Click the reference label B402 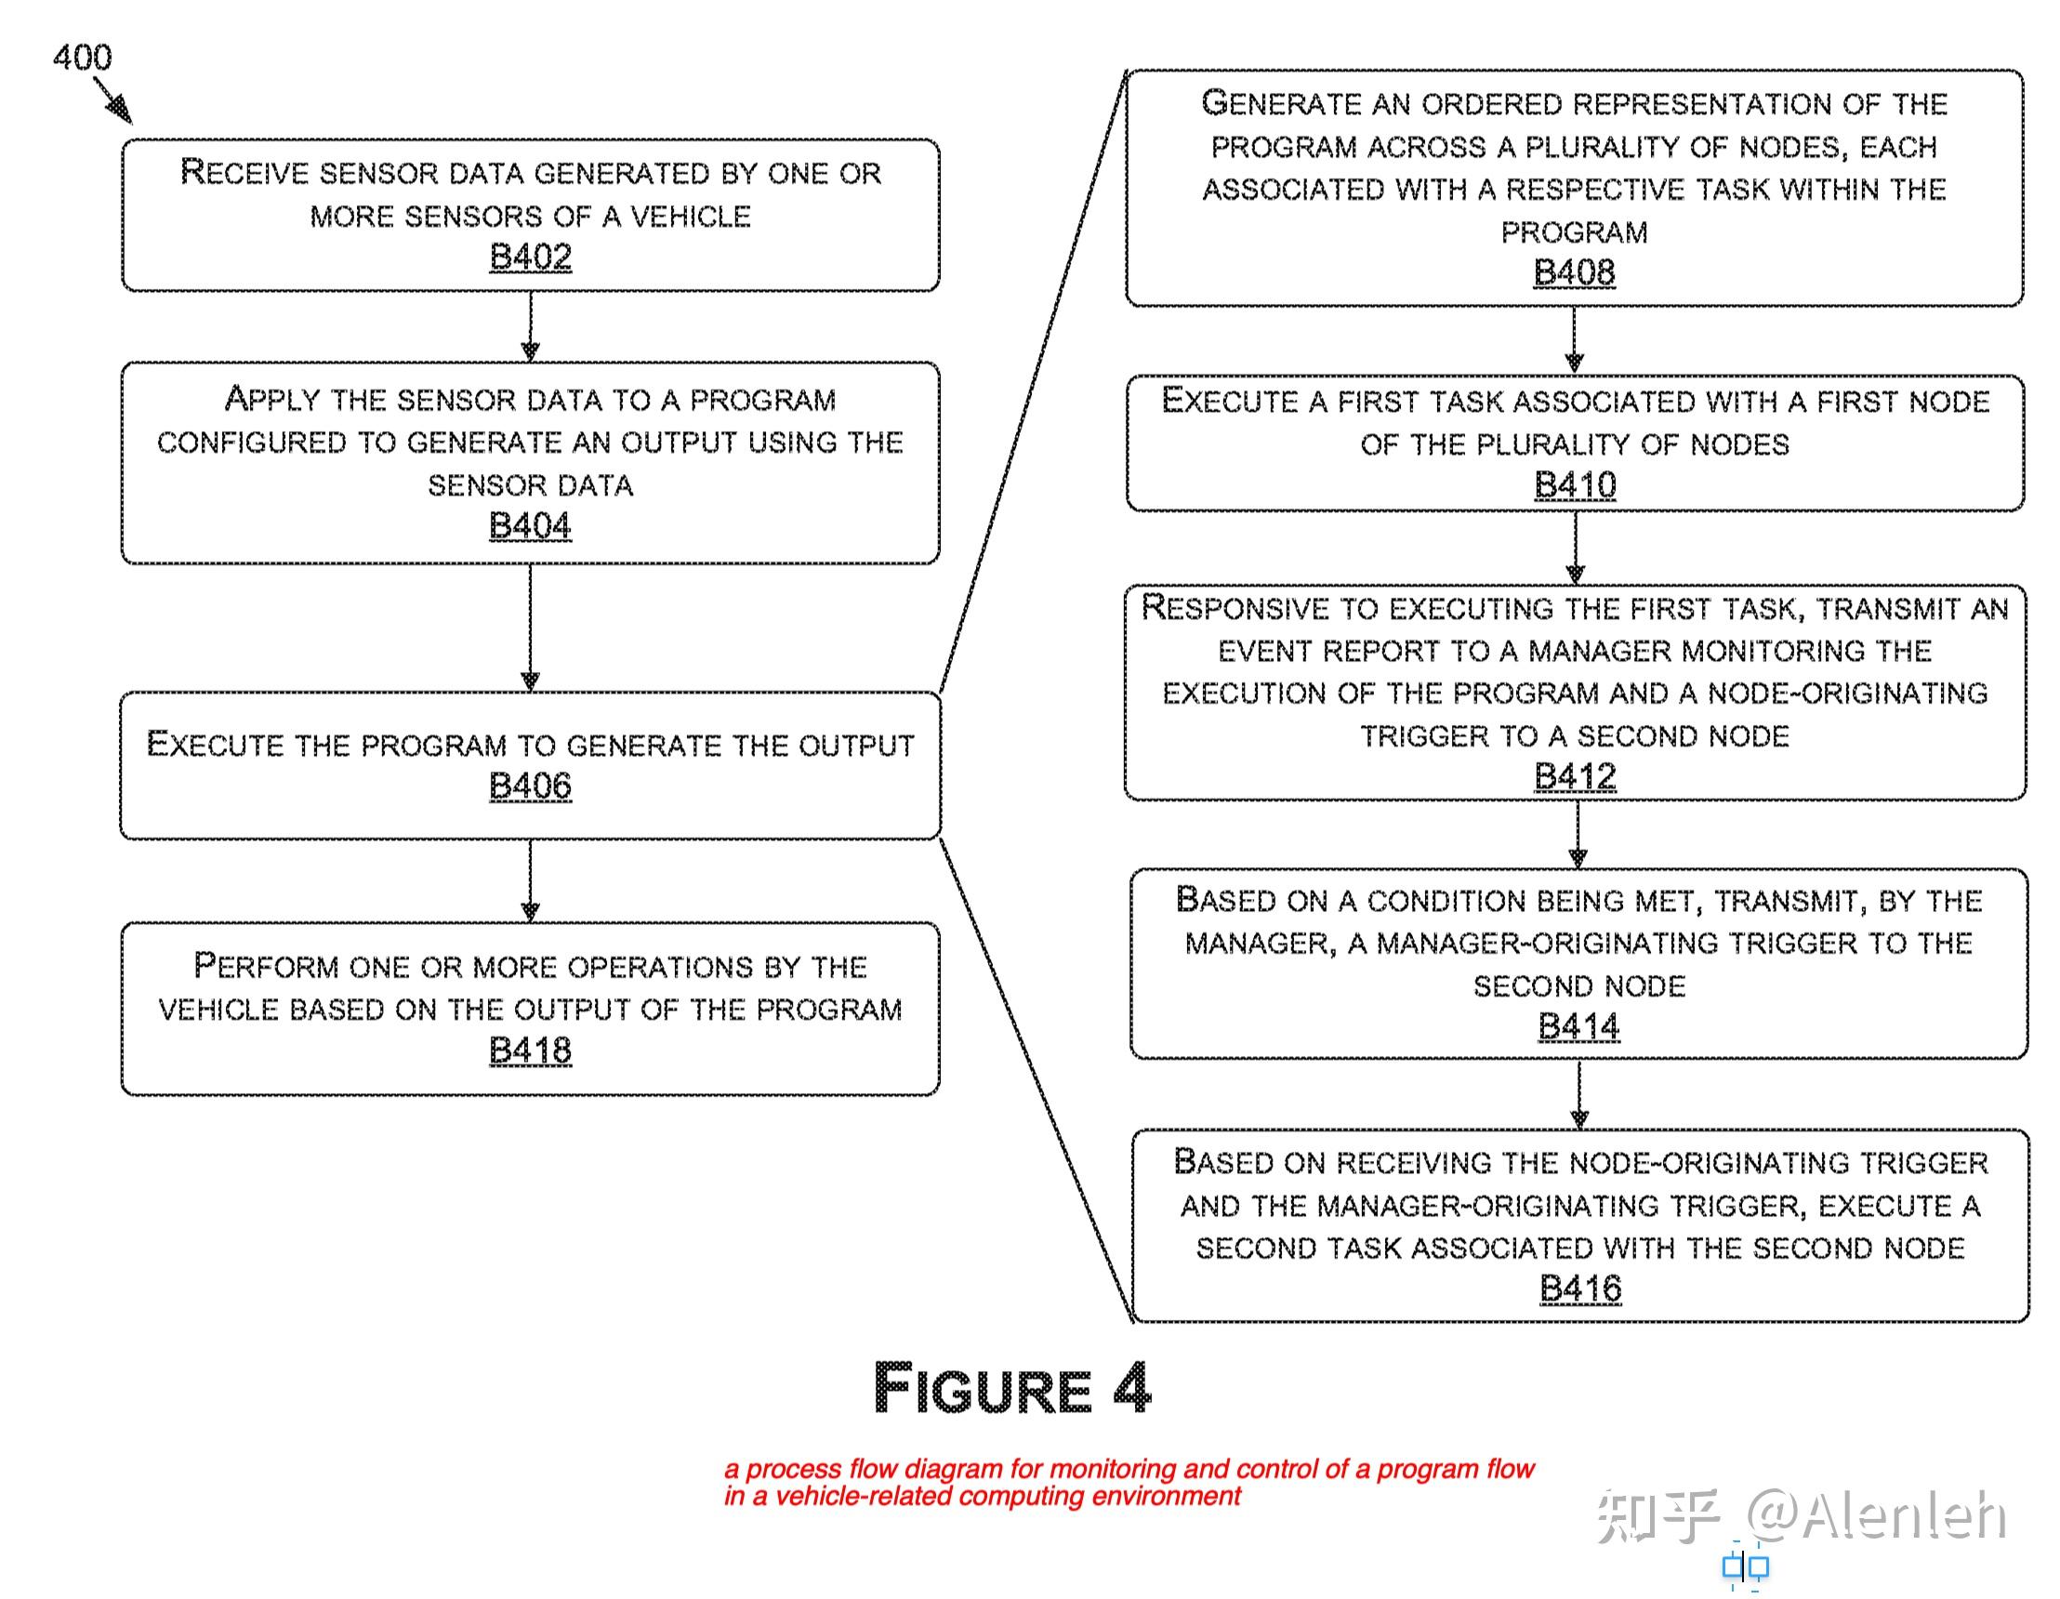pyautogui.click(x=530, y=257)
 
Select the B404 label pyautogui.click(x=530, y=525)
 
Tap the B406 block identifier pyautogui.click(x=530, y=785)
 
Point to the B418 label pyautogui.click(x=530, y=1050)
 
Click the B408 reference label pyautogui.click(x=1574, y=271)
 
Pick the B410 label pyautogui.click(x=1575, y=485)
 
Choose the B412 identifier pyautogui.click(x=1575, y=776)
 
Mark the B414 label pyautogui.click(x=1579, y=1025)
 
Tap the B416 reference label pyautogui.click(x=1580, y=1288)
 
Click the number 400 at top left pyautogui.click(x=82, y=58)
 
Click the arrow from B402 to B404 pyautogui.click(x=530, y=326)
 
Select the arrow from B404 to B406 pyautogui.click(x=530, y=628)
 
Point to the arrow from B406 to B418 pyautogui.click(x=530, y=880)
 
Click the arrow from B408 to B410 pyautogui.click(x=1574, y=339)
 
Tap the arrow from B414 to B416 pyautogui.click(x=1580, y=1094)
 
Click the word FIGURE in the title pyautogui.click(x=983, y=1388)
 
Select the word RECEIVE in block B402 pyautogui.click(x=244, y=172)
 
